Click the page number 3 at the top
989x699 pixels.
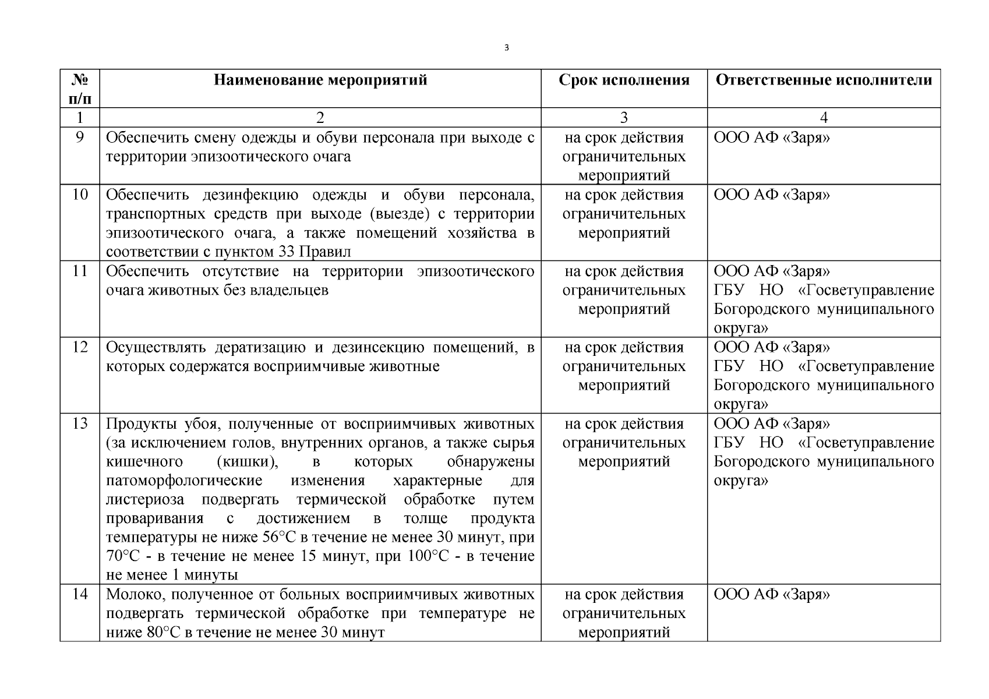(506, 48)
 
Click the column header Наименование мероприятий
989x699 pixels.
(320, 80)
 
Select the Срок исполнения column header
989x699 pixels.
(624, 80)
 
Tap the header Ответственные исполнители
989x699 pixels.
(824, 80)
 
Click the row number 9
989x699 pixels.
(80, 138)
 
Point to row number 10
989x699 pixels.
(80, 195)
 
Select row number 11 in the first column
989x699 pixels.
(80, 271)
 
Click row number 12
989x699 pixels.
(80, 347)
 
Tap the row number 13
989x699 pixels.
(80, 423)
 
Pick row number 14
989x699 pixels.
(80, 594)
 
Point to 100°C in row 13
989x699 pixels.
(428, 556)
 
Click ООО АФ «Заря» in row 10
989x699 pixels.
(772, 195)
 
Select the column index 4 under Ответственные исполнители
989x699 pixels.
(824, 118)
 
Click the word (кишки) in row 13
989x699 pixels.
(247, 462)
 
